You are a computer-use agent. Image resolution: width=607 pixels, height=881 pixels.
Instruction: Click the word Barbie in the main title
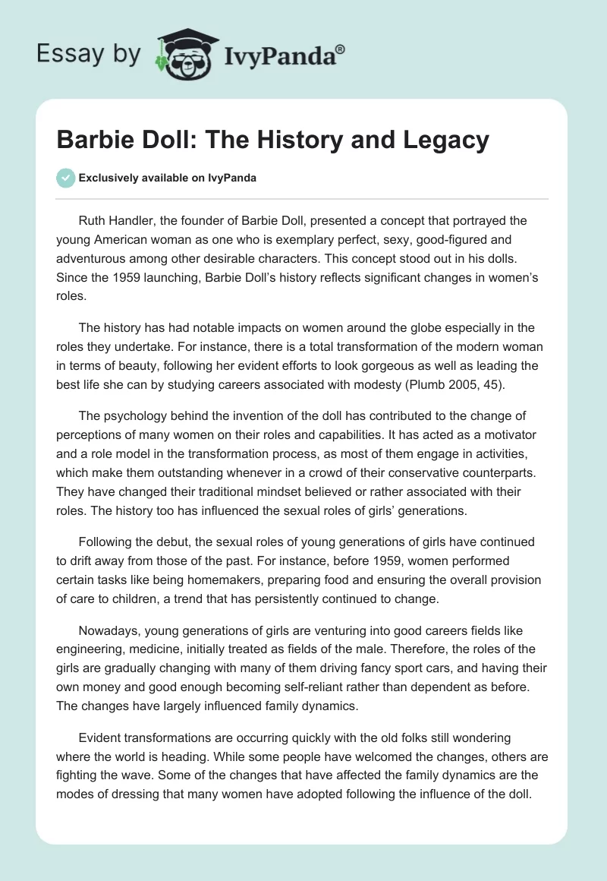[93, 141]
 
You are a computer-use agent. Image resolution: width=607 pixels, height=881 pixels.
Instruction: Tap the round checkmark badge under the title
[65, 178]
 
